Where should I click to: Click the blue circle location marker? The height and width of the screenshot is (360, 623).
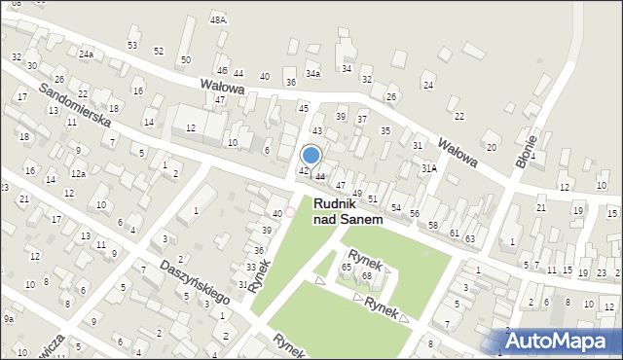[x=311, y=155]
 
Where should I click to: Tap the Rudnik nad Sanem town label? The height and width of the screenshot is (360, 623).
[x=347, y=211]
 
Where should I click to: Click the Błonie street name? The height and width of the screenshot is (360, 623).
[x=528, y=156]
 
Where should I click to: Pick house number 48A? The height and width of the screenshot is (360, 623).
[x=218, y=19]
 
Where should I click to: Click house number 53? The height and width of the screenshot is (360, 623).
[x=132, y=46]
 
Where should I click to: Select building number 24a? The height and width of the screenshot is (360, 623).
[x=87, y=54]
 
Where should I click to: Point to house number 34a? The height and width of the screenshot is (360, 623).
[x=312, y=73]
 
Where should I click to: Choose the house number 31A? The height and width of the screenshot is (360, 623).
[x=428, y=168]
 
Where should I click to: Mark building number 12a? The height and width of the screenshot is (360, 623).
[x=78, y=174]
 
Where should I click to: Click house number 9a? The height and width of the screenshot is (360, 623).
[x=9, y=318]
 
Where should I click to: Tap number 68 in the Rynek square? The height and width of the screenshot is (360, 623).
[x=367, y=276]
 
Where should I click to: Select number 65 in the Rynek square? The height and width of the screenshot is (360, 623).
[x=346, y=267]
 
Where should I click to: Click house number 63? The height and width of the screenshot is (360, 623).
[x=469, y=237]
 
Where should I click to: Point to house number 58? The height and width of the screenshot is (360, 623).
[x=433, y=225]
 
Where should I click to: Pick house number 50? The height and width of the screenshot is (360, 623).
[x=185, y=60]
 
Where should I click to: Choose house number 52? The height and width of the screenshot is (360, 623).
[x=159, y=51]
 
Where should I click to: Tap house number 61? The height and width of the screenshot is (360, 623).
[x=454, y=233]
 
